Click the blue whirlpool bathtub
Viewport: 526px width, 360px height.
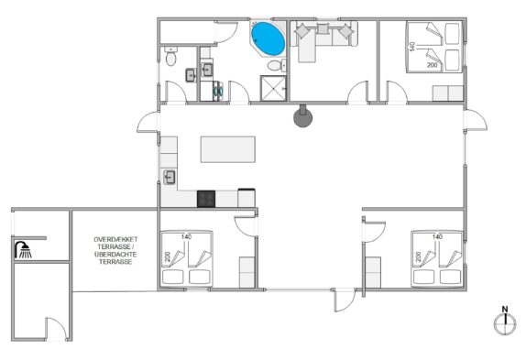tap(268, 38)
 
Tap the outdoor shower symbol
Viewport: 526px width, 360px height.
tap(23, 250)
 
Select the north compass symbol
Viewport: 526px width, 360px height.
tap(505, 321)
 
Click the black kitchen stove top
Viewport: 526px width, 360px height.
tap(206, 199)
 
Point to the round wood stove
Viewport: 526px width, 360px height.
tap(303, 116)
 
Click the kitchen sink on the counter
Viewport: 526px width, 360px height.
tap(170, 177)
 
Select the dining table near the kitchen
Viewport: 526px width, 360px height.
tap(228, 149)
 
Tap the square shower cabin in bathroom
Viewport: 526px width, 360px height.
tap(273, 88)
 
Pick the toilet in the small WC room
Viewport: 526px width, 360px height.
tap(170, 56)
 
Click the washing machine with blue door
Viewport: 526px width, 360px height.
tap(218, 91)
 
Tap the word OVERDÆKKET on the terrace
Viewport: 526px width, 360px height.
tap(115, 239)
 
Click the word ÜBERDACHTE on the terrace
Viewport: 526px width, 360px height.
tap(115, 254)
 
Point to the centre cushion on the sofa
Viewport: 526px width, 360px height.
tap(323, 28)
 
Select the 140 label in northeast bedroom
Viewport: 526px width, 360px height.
tap(412, 46)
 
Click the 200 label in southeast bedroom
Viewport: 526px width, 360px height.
tap(418, 256)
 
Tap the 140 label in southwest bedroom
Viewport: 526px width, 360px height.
tap(187, 236)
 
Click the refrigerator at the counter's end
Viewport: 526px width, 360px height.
tap(247, 198)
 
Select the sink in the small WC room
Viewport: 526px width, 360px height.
tap(191, 75)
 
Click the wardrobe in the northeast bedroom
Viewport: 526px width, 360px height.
tap(448, 93)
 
